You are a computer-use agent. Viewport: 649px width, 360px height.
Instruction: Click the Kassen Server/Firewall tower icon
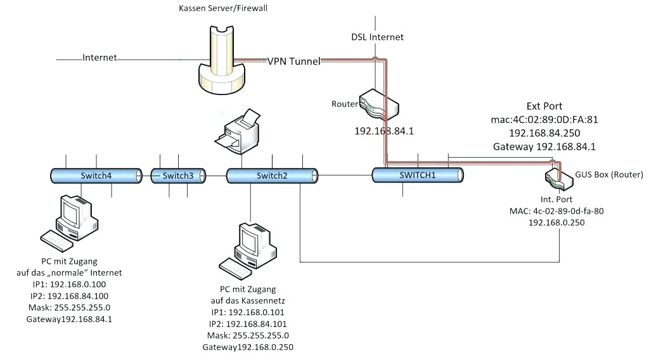click(219, 60)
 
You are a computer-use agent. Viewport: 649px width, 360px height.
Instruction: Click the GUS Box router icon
click(558, 177)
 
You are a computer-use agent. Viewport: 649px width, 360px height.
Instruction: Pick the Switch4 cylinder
click(96, 176)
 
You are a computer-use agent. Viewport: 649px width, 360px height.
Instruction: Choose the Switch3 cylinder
click(178, 176)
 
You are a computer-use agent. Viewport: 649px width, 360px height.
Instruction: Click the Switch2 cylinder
click(272, 176)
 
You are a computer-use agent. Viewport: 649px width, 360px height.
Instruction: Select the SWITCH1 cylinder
click(418, 175)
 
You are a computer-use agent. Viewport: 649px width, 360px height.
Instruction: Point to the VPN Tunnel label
click(293, 61)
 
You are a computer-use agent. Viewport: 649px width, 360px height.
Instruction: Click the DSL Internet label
click(378, 37)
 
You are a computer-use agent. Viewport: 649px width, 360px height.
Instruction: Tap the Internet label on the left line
click(100, 58)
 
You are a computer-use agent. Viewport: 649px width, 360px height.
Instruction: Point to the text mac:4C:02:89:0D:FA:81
click(544, 119)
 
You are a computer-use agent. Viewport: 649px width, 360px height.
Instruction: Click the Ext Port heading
click(544, 106)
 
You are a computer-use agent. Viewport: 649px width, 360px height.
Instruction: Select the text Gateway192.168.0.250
click(248, 347)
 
